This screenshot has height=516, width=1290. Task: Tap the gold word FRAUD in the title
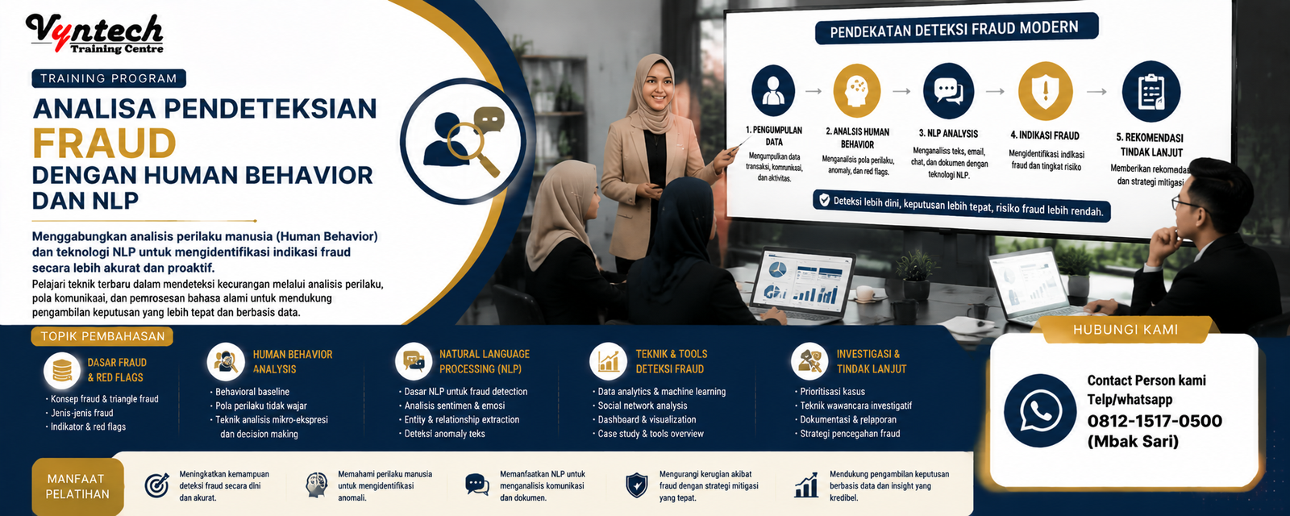104,143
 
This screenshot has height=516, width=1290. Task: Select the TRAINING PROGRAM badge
109,78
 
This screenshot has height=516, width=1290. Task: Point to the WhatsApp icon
1040,410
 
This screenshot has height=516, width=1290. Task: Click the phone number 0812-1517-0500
1154,421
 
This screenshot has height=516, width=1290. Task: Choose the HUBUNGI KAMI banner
1126,330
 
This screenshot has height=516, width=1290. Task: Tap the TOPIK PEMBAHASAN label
102,336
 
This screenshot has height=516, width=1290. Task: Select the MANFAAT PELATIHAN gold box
77,487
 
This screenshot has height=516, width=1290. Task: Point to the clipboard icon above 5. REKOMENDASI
1151,92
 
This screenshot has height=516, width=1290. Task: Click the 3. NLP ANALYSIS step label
948,134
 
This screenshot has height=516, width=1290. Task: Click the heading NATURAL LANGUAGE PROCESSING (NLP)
485,362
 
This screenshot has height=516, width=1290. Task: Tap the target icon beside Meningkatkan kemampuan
156,485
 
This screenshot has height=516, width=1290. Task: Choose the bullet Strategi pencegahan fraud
850,434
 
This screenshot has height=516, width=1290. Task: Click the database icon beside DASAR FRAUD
62,370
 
